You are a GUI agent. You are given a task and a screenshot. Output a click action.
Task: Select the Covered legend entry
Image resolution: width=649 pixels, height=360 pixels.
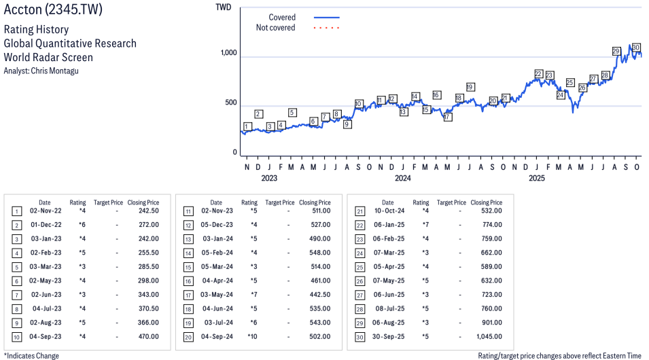282,17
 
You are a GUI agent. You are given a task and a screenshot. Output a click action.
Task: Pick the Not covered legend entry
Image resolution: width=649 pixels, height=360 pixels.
275,28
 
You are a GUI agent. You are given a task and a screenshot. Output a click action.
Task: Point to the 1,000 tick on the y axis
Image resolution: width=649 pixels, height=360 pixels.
228,54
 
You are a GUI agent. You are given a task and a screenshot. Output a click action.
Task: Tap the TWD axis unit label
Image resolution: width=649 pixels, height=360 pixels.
223,7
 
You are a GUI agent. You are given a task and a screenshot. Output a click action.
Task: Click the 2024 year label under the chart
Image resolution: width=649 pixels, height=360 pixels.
403,179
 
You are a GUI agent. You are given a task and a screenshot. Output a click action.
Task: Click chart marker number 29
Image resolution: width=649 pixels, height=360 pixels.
616,51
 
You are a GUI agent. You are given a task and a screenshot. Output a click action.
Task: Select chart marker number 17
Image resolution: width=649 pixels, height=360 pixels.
447,117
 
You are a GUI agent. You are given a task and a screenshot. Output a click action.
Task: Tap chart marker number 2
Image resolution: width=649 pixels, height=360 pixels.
258,113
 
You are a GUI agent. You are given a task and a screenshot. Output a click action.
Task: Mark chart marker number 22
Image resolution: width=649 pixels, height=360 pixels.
538,73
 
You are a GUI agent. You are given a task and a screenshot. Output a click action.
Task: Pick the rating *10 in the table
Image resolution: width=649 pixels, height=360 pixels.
252,336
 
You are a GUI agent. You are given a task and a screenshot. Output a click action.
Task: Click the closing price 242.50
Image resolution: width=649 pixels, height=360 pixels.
145,211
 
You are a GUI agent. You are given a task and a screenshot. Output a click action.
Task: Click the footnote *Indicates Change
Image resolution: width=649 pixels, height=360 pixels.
31,355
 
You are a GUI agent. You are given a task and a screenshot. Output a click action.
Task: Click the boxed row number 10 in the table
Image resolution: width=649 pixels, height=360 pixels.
16,336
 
